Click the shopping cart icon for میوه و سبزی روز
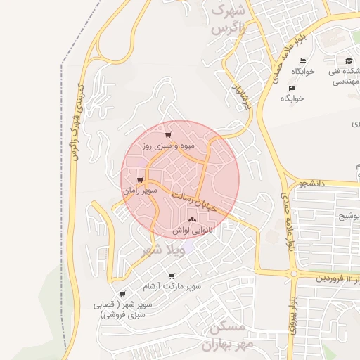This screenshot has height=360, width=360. tap(167, 135)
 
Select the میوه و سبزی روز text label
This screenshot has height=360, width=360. tap(167, 147)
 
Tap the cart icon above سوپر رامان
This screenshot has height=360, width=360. tap(141, 179)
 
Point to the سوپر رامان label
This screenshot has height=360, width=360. tap(139, 191)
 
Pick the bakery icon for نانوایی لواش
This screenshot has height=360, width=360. tap(192, 219)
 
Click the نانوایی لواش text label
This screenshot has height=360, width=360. tap(191, 231)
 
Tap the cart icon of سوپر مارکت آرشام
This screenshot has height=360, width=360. tap(172, 276)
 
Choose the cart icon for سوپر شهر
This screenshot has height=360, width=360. tap(122, 294)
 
